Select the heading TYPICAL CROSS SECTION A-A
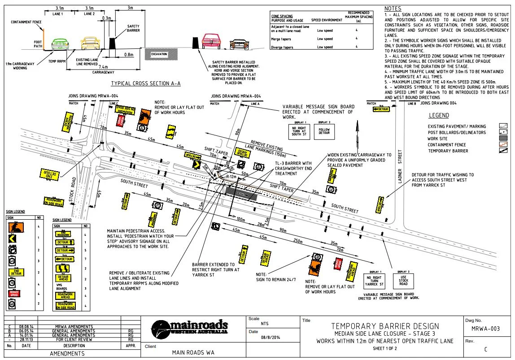pyautogui.click(x=146, y=84)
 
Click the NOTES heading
pyautogui.click(x=393, y=9)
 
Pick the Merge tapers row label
pyautogui.click(x=281, y=39)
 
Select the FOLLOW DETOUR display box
pyautogui.click(x=323, y=130)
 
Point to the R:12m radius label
pyautogui.click(x=232, y=177)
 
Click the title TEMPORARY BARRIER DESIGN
pyautogui.click(x=384, y=326)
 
